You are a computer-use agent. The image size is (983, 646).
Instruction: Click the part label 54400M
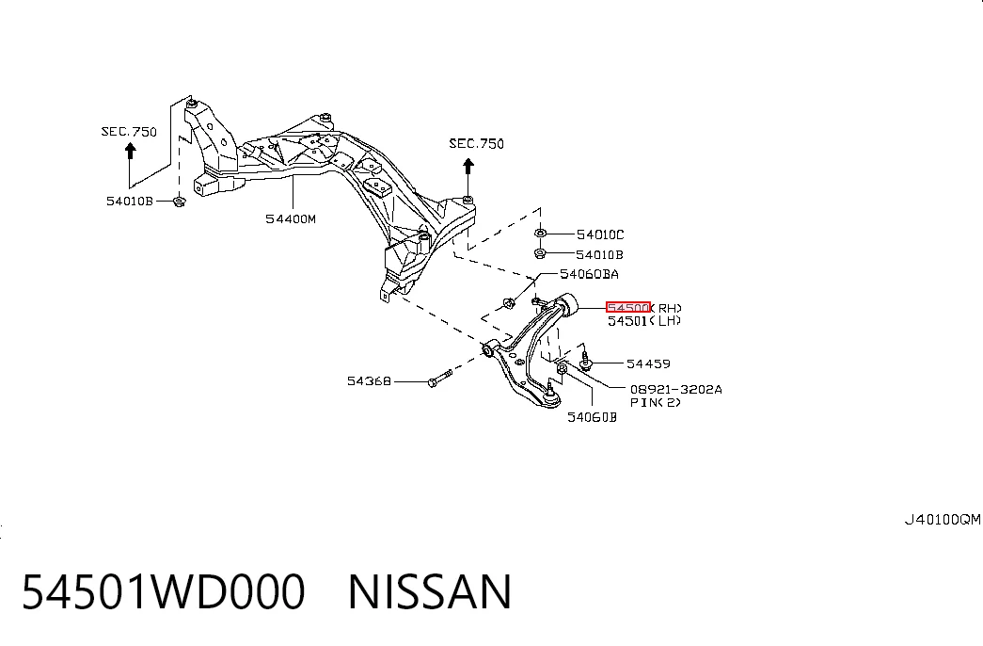[x=291, y=219]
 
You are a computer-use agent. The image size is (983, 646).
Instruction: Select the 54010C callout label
[x=600, y=234]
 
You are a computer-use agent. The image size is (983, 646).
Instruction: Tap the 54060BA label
[x=589, y=274]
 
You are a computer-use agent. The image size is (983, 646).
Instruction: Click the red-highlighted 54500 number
[x=627, y=308]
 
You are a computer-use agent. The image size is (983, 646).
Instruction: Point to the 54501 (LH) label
[x=643, y=321]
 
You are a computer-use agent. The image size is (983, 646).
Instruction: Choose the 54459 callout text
[x=648, y=364]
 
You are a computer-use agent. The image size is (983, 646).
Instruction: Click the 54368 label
[x=369, y=381]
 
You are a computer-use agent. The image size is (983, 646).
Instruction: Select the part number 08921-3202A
[x=675, y=389]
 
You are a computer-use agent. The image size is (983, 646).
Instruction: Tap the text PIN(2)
[x=655, y=402]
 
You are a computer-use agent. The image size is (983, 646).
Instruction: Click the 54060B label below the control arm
[x=592, y=417]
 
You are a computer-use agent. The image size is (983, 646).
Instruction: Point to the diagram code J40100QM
[x=943, y=520]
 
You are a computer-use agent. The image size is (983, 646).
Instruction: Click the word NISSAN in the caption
[x=430, y=591]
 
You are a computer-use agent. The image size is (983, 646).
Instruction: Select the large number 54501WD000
[x=164, y=591]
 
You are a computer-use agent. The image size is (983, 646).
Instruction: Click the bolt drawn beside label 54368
[x=440, y=379]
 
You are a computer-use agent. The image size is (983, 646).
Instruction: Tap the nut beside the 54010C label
[x=540, y=234]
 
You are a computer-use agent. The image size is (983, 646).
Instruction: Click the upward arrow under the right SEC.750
[x=468, y=176]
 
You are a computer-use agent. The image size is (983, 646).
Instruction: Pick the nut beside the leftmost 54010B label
[x=179, y=202]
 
